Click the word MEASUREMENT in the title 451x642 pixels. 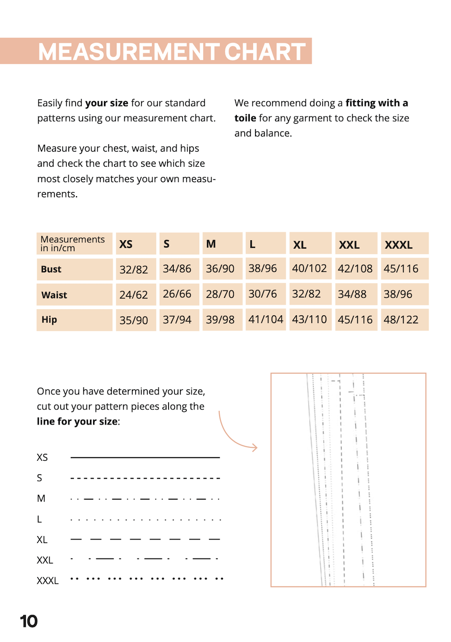click(128, 52)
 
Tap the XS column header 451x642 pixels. click(126, 244)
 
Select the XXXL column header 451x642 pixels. click(398, 245)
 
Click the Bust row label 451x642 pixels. click(51, 269)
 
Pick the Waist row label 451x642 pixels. click(54, 295)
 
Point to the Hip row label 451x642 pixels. click(49, 319)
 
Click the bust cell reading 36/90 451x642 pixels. click(220, 269)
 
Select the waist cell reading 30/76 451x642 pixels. click(263, 294)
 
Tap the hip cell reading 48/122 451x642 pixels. click(401, 319)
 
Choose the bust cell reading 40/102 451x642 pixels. click(309, 268)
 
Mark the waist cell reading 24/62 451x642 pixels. click(133, 295)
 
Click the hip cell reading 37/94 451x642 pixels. click(177, 320)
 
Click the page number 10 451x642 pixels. click(29, 621)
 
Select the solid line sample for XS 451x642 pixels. click(145, 458)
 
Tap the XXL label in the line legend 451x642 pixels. click(45, 560)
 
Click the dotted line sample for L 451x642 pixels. click(145, 519)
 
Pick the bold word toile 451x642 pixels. click(245, 118)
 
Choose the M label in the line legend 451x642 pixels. click(41, 499)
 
